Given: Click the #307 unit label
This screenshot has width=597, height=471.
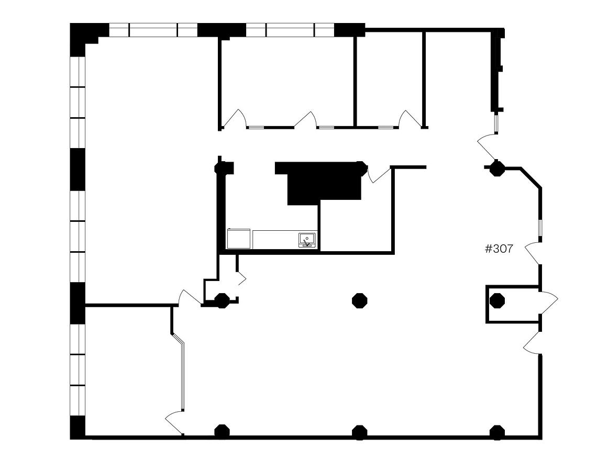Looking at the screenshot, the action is pyautogui.click(x=499, y=249).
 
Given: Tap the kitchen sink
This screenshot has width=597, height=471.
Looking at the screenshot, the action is pyautogui.click(x=307, y=240).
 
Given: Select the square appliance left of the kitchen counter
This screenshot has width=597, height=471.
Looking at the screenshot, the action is pyautogui.click(x=239, y=239).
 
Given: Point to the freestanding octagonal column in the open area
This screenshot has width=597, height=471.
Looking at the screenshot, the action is pyautogui.click(x=359, y=300).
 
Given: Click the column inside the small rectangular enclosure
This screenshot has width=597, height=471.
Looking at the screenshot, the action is pyautogui.click(x=497, y=300).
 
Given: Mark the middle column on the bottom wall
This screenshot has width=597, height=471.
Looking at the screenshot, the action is pyautogui.click(x=359, y=433).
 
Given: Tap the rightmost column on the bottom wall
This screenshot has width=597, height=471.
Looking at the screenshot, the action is pyautogui.click(x=497, y=433).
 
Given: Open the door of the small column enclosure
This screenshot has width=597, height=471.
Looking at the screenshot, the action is pyautogui.click(x=549, y=303).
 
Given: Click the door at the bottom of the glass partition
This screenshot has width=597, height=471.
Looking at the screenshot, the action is pyautogui.click(x=174, y=422).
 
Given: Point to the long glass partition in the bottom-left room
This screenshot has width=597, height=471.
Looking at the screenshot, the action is pyautogui.click(x=179, y=371).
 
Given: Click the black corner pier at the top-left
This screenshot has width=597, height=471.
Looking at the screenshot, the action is pyautogui.click(x=82, y=38).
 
